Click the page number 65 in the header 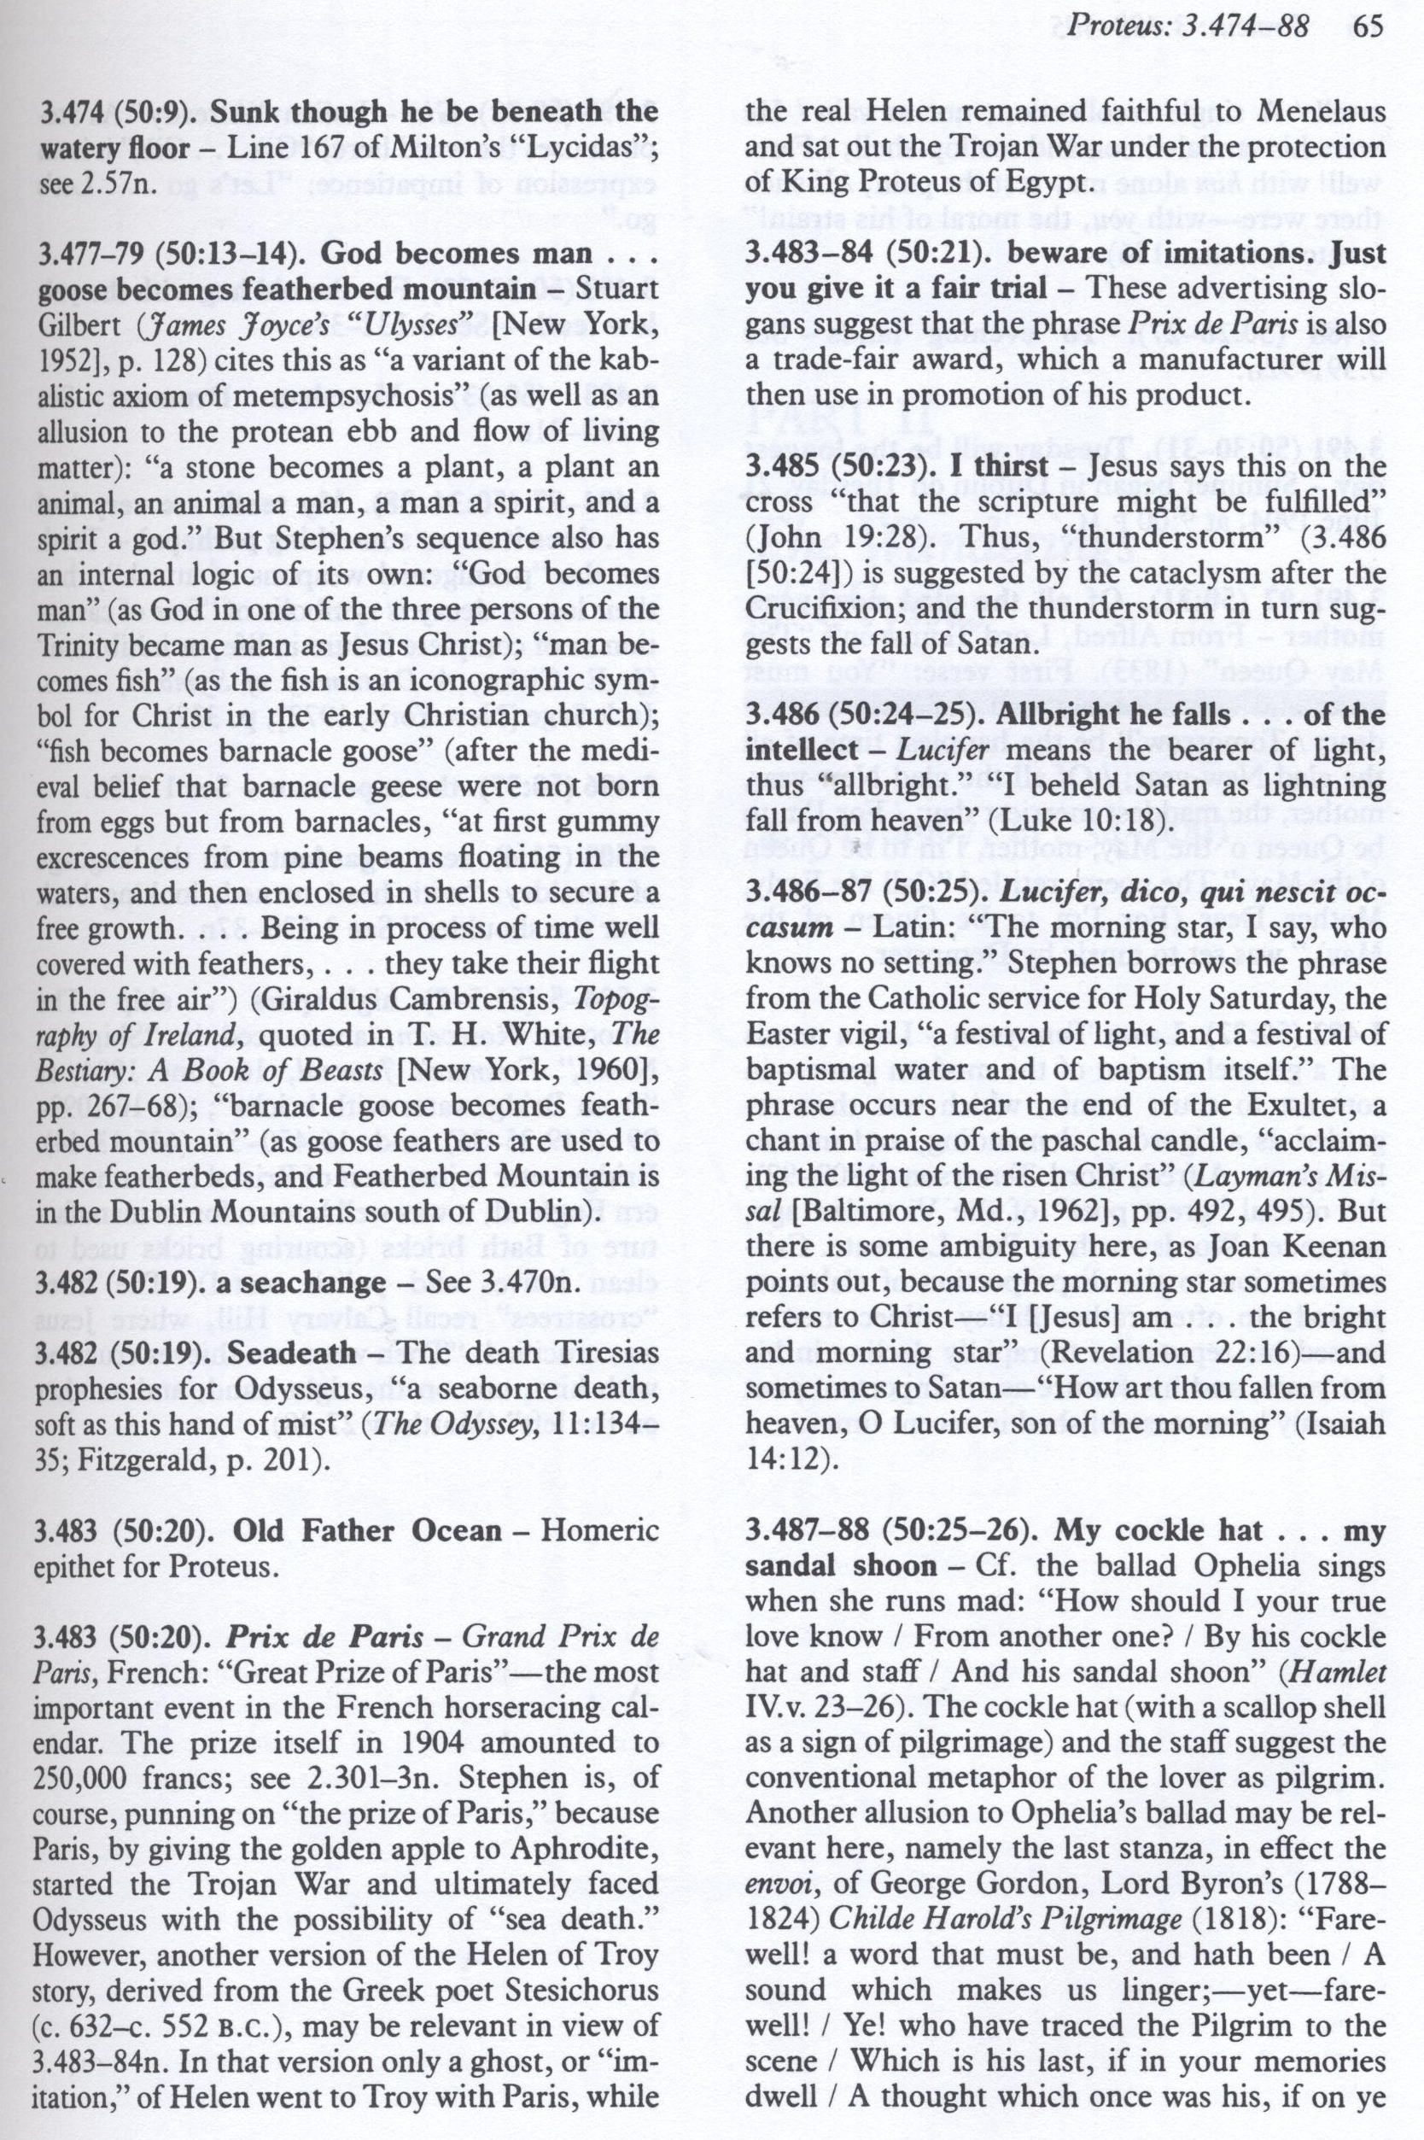[1366, 26]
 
